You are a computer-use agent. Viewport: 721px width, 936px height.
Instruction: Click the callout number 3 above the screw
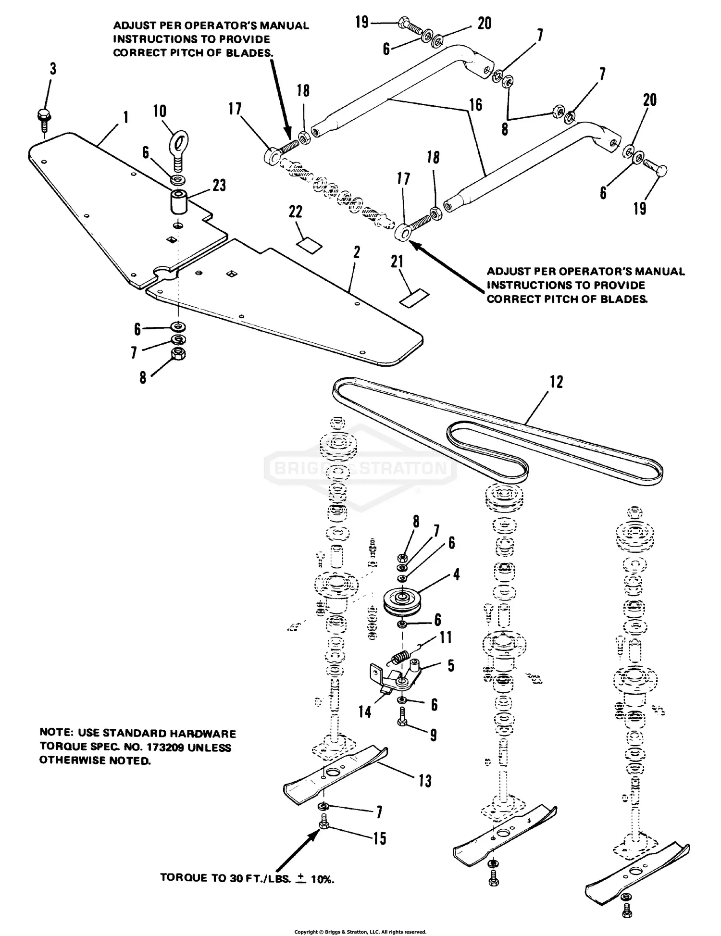point(52,69)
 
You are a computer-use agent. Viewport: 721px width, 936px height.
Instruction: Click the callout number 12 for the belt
point(556,382)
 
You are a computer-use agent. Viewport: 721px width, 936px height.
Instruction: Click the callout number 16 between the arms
point(475,105)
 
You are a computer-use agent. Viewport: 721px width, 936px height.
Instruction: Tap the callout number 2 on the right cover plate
point(356,253)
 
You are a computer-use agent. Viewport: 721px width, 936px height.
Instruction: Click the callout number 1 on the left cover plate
point(125,117)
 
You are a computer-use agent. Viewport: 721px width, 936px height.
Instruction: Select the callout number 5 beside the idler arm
point(450,666)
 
